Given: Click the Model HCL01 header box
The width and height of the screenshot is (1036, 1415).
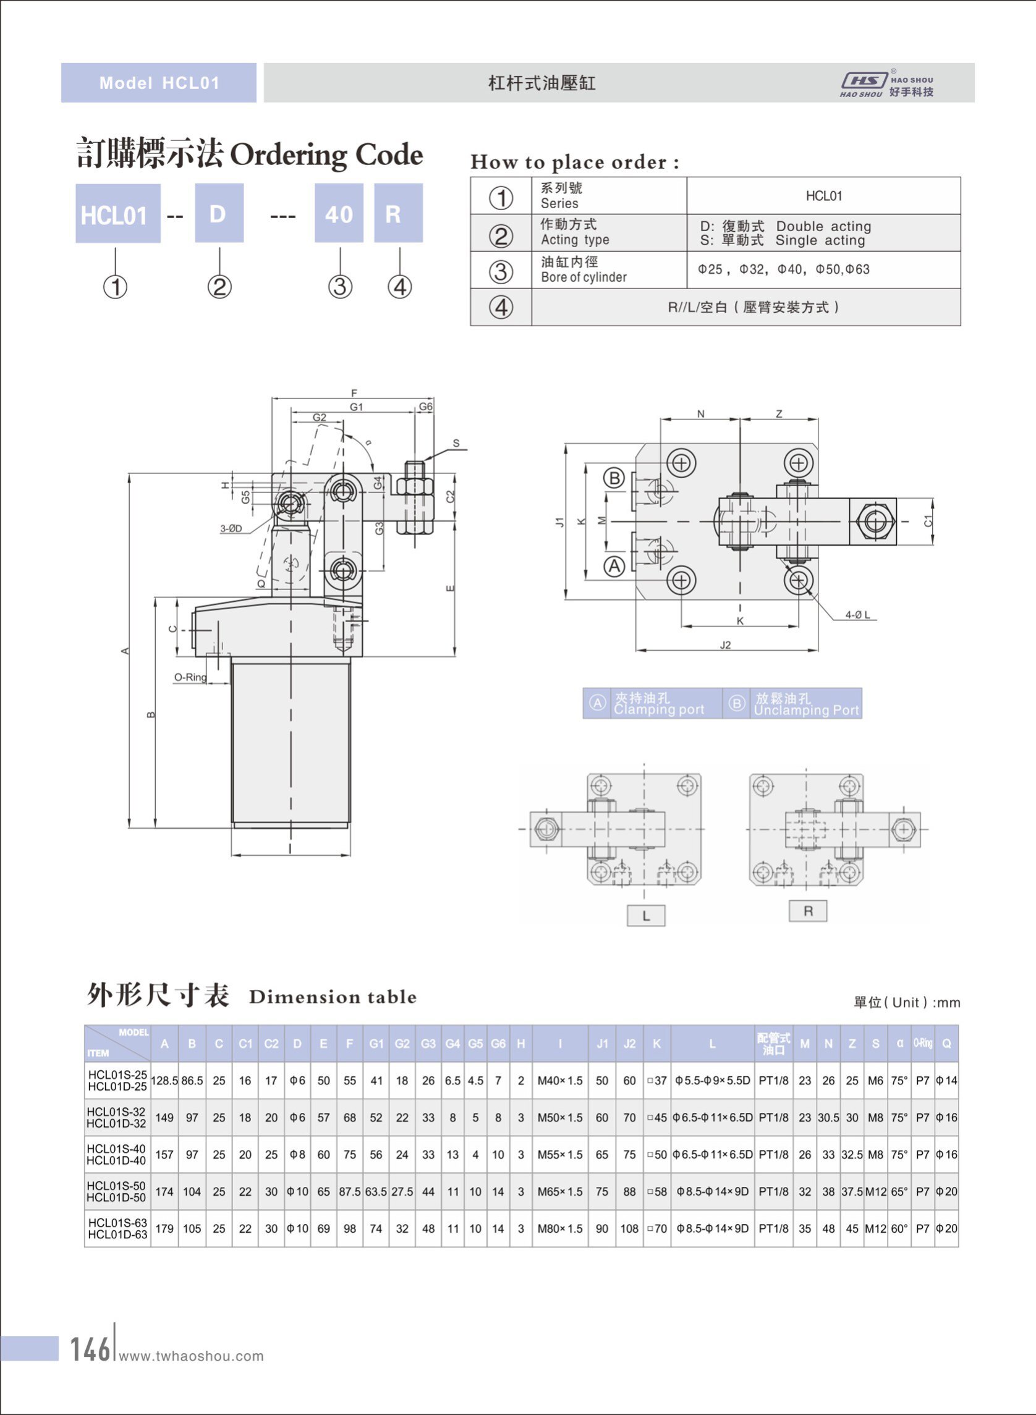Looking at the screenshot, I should pos(159,83).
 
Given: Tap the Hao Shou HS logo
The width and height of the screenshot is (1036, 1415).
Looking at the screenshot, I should pos(864,80).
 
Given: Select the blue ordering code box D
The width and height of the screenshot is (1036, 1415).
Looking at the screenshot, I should pos(219,214).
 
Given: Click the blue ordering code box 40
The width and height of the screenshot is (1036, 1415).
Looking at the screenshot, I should pos(339,214).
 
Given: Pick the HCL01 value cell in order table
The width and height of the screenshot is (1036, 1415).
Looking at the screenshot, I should pos(823,196).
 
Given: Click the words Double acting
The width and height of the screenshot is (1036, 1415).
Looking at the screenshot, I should pos(823,226).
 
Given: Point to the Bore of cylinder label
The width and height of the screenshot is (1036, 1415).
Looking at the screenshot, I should pos(584,277).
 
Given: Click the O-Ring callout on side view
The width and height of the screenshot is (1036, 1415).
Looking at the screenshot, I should pos(190,677).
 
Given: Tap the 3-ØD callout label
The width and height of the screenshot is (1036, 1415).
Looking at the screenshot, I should pos(231,528).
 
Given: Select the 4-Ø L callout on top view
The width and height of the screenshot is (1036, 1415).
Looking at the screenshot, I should pos(857,615).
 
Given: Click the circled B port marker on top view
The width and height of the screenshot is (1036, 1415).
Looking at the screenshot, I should pos(614,478).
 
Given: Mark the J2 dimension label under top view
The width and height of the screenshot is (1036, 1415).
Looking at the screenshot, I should pos(725,645).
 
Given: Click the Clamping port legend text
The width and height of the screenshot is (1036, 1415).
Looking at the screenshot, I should pos(658,710).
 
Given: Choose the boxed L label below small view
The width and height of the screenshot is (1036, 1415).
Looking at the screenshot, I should pos(645,915).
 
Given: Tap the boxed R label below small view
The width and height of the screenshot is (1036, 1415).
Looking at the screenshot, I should pos(808,911).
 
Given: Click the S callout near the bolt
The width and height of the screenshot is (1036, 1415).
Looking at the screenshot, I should pos(456,443).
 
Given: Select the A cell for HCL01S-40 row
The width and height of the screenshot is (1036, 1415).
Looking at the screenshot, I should pos(164,1154).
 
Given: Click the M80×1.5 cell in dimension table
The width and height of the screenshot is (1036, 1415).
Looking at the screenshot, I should pos(559,1228).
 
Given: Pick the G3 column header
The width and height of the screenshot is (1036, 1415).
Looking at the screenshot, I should pos(428,1044).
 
